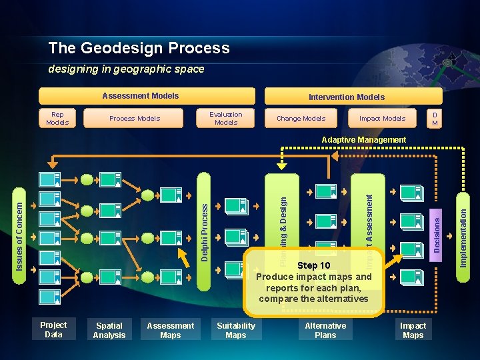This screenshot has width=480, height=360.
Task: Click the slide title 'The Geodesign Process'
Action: click(x=139, y=48)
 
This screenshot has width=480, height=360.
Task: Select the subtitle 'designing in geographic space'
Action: click(x=126, y=69)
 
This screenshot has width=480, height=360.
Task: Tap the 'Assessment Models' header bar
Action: click(x=147, y=96)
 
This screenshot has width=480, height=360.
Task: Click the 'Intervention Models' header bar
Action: click(x=346, y=97)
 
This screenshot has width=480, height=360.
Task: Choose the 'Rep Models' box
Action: click(x=57, y=118)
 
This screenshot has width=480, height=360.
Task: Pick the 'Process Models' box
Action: click(x=135, y=118)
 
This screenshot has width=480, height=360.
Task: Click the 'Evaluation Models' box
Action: click(x=226, y=118)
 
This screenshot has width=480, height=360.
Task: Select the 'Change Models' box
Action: click(x=301, y=118)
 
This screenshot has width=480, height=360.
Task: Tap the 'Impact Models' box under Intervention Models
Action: click(x=382, y=118)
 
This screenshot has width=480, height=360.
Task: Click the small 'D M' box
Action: click(x=435, y=119)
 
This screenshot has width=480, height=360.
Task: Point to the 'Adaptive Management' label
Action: click(x=363, y=140)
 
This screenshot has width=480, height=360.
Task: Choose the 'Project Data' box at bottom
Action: click(x=53, y=330)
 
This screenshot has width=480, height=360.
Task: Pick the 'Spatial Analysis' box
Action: click(x=109, y=331)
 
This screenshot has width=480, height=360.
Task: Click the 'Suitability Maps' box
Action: click(x=236, y=331)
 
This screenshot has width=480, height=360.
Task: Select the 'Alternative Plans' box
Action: click(x=325, y=331)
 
